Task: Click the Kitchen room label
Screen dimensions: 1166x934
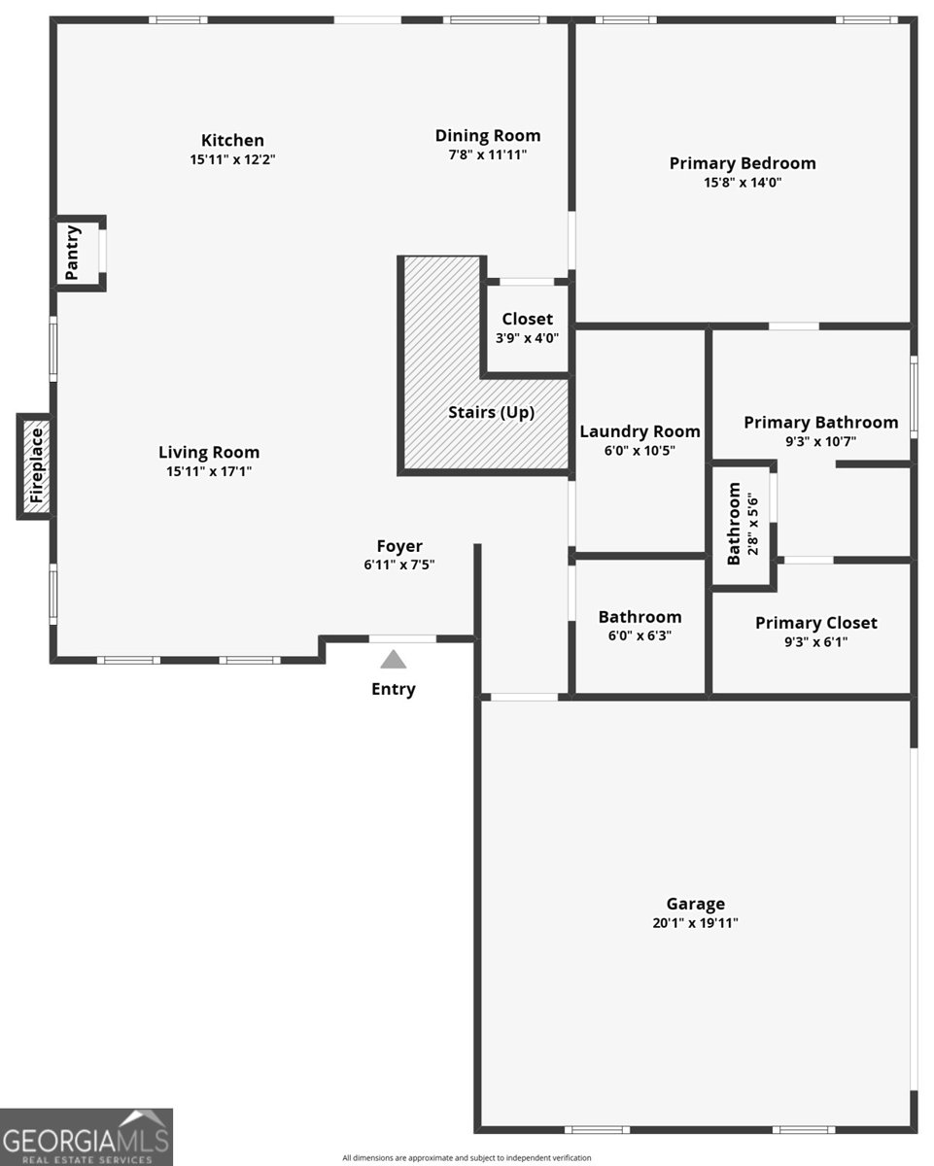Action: [x=232, y=141]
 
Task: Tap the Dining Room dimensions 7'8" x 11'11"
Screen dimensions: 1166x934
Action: [x=487, y=154]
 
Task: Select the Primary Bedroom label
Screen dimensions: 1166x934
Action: [x=743, y=163]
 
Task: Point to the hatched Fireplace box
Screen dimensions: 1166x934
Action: [x=36, y=466]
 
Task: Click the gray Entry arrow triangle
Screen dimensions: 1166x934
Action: [x=393, y=660]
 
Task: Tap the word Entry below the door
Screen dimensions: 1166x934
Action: [x=393, y=689]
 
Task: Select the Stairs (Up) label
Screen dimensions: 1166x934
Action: [x=491, y=412]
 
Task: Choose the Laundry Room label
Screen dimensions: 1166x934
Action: [x=640, y=431]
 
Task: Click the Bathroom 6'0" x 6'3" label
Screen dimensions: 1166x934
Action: [x=640, y=617]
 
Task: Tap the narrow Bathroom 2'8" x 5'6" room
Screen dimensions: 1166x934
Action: [x=743, y=524]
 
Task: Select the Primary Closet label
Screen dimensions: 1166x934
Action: [x=815, y=623]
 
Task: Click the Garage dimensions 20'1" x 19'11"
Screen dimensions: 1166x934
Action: [x=695, y=923]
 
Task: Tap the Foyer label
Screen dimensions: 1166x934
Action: [x=399, y=546]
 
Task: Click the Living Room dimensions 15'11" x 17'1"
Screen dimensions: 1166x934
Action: [x=209, y=471]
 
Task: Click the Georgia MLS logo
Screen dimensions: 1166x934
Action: [x=86, y=1136]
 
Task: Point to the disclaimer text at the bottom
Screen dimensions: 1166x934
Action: [x=467, y=1157]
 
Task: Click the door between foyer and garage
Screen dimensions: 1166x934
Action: [x=524, y=697]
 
